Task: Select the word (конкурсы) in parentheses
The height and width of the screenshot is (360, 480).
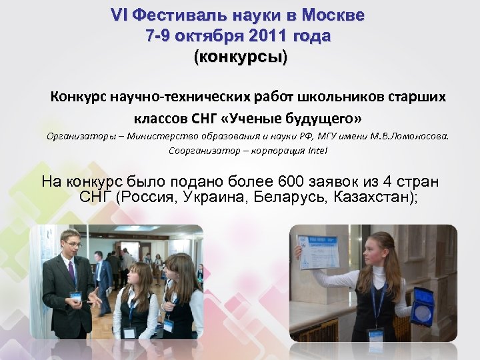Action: pyautogui.click(x=240, y=58)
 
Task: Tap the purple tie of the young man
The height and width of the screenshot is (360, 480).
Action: pyautogui.click(x=71, y=271)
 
